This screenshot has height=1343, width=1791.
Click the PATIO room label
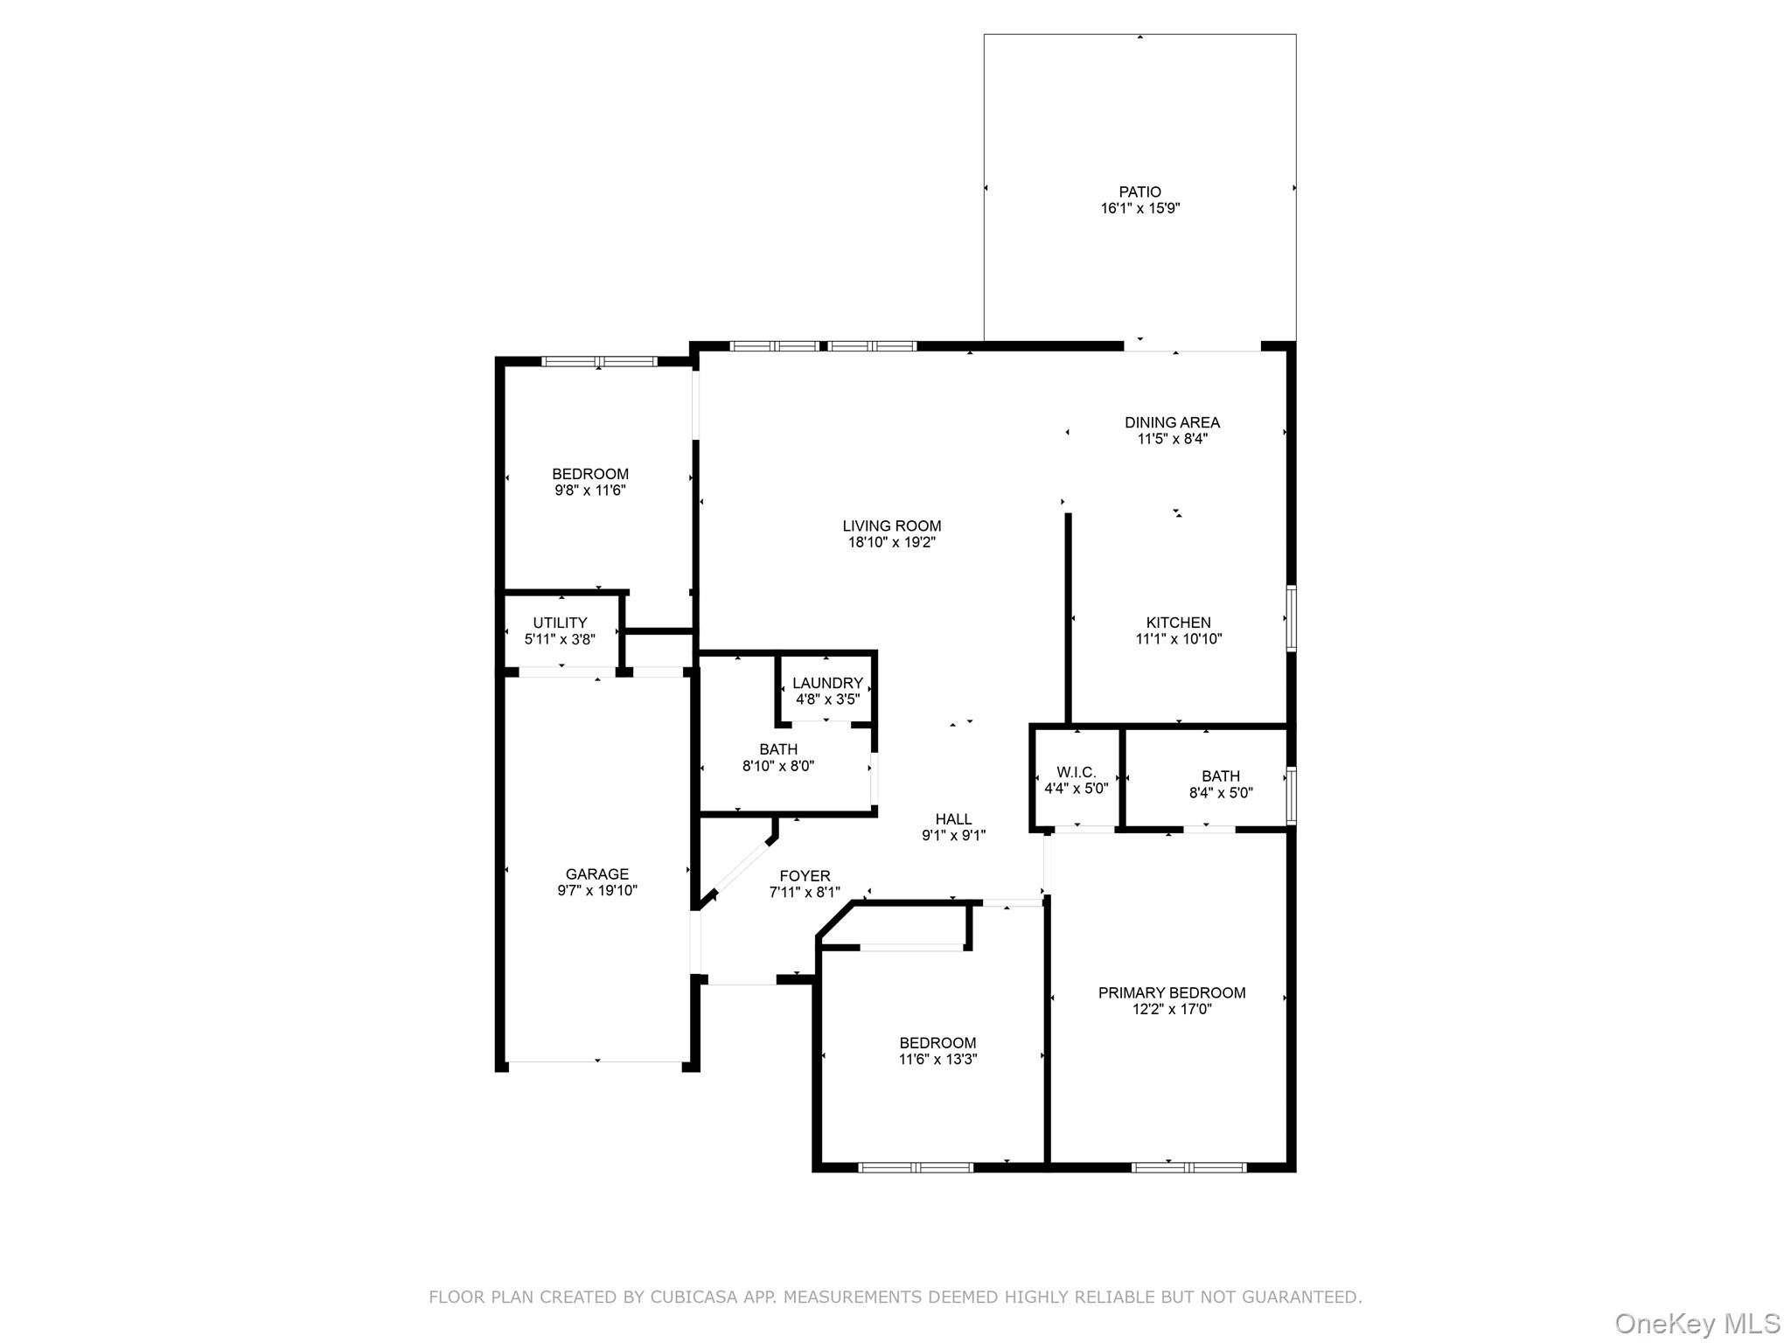point(1140,191)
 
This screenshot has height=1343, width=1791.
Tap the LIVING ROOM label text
point(892,525)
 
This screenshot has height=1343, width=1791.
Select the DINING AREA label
point(1172,422)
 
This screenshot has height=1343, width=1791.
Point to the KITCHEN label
point(1179,623)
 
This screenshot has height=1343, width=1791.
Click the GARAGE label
point(597,873)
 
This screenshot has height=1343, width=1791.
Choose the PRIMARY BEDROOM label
point(1172,992)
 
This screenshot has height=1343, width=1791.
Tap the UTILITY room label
point(560,623)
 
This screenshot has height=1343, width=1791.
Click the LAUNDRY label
point(827,683)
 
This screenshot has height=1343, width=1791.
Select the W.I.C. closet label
point(1076,772)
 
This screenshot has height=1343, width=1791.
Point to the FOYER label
point(805,876)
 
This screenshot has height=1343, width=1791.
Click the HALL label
point(953,819)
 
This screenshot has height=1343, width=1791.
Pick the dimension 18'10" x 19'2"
point(892,542)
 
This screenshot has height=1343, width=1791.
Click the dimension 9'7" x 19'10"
point(597,891)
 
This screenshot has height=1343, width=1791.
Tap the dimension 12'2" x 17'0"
point(1172,1009)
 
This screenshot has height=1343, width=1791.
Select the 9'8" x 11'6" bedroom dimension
point(590,491)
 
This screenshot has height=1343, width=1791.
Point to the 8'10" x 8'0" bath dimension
point(778,766)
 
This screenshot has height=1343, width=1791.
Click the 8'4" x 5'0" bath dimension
point(1221,793)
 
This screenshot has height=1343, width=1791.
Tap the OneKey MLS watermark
point(1697,1323)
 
